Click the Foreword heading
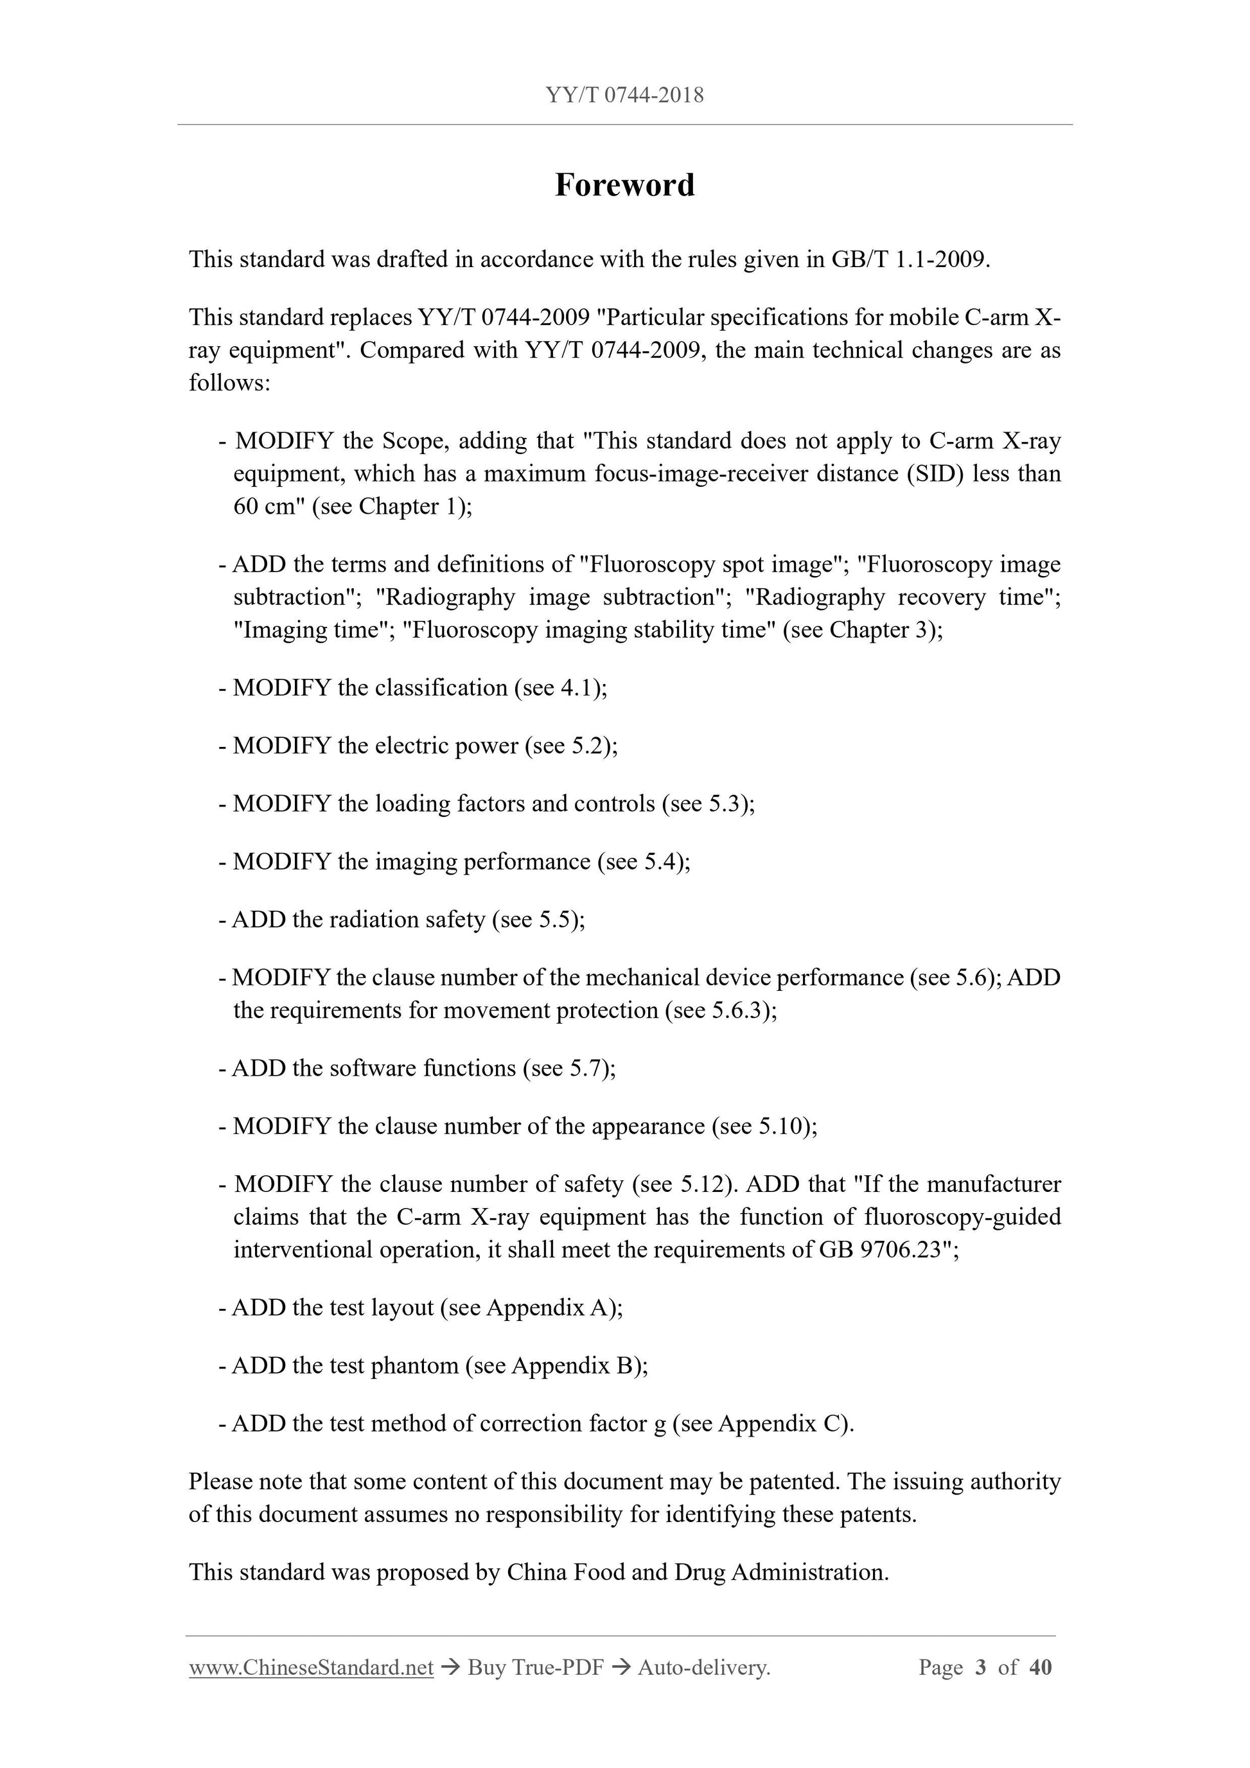coord(624,186)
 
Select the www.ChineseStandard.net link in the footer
coord(311,1668)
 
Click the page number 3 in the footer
coord(980,1668)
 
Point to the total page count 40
coord(1040,1668)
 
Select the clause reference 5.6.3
coord(739,1010)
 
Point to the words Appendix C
coord(779,1424)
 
